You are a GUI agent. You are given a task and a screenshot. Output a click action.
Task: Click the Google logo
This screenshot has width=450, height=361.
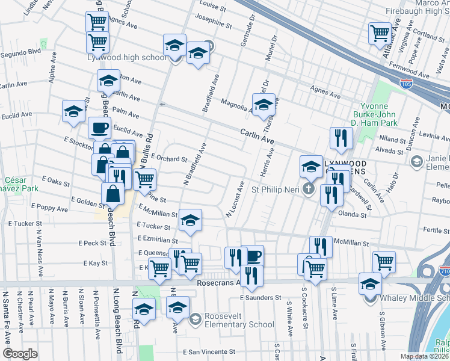(x=20, y=354)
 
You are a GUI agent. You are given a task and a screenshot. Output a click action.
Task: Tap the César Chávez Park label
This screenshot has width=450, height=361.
(x=22, y=184)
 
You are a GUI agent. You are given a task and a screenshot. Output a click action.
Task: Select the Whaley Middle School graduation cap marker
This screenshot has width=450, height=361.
(x=370, y=283)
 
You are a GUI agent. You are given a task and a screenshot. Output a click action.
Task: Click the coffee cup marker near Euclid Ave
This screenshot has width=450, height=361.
(x=99, y=127)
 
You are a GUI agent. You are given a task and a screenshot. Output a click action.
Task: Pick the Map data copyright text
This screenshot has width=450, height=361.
(x=424, y=356)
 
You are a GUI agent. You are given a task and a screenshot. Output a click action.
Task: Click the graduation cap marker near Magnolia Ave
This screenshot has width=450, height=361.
(x=263, y=104)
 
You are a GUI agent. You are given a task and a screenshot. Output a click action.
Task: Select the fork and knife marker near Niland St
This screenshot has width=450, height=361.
(x=341, y=138)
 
